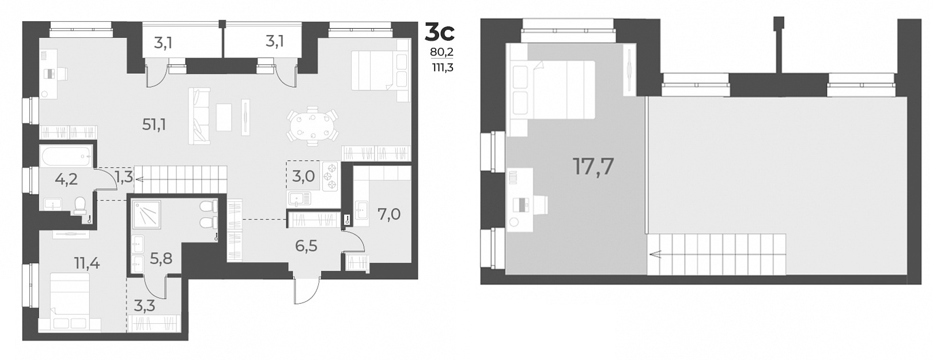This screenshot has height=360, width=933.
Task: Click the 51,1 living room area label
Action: point(154,124)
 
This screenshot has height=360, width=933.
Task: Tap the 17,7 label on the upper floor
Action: point(593,166)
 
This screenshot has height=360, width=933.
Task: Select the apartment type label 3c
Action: point(439,32)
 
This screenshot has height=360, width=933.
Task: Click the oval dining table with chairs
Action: point(312,126)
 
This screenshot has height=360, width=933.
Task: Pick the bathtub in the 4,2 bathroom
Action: point(66,155)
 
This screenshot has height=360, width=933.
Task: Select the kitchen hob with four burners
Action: point(331,176)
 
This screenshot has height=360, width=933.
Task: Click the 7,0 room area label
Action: point(389,215)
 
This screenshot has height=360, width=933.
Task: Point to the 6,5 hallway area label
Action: point(306,246)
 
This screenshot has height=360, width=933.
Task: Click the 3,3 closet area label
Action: point(144,305)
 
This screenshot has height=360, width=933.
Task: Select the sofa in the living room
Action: point(199,116)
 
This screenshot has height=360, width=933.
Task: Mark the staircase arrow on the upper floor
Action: point(656,253)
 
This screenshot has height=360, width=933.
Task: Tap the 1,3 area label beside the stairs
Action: point(124,177)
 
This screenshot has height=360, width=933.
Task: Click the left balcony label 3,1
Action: point(163,43)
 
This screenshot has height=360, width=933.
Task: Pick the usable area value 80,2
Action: point(442,52)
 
